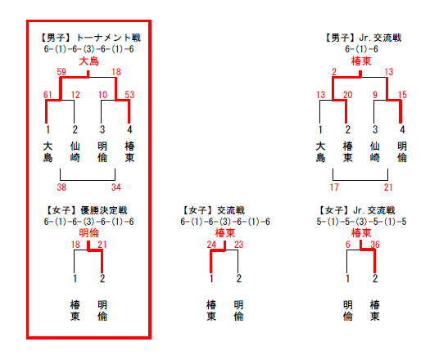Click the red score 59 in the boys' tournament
click(x=61, y=72)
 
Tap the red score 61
click(x=48, y=94)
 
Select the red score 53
click(x=129, y=94)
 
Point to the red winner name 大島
click(x=88, y=61)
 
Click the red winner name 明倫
click(x=88, y=233)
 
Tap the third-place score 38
click(x=61, y=187)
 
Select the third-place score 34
click(x=116, y=187)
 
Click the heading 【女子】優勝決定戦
click(x=86, y=210)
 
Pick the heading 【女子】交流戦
click(x=213, y=210)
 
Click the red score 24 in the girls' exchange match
click(x=211, y=245)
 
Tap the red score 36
click(x=375, y=245)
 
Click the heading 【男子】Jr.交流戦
click(x=362, y=38)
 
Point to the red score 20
click(x=348, y=94)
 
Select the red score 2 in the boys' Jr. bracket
click(x=334, y=72)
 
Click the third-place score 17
click(x=334, y=187)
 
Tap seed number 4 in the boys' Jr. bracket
click(x=402, y=129)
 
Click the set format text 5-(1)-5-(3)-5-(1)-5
click(x=361, y=222)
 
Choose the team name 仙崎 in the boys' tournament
click(x=75, y=152)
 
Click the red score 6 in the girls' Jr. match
click(x=348, y=245)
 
